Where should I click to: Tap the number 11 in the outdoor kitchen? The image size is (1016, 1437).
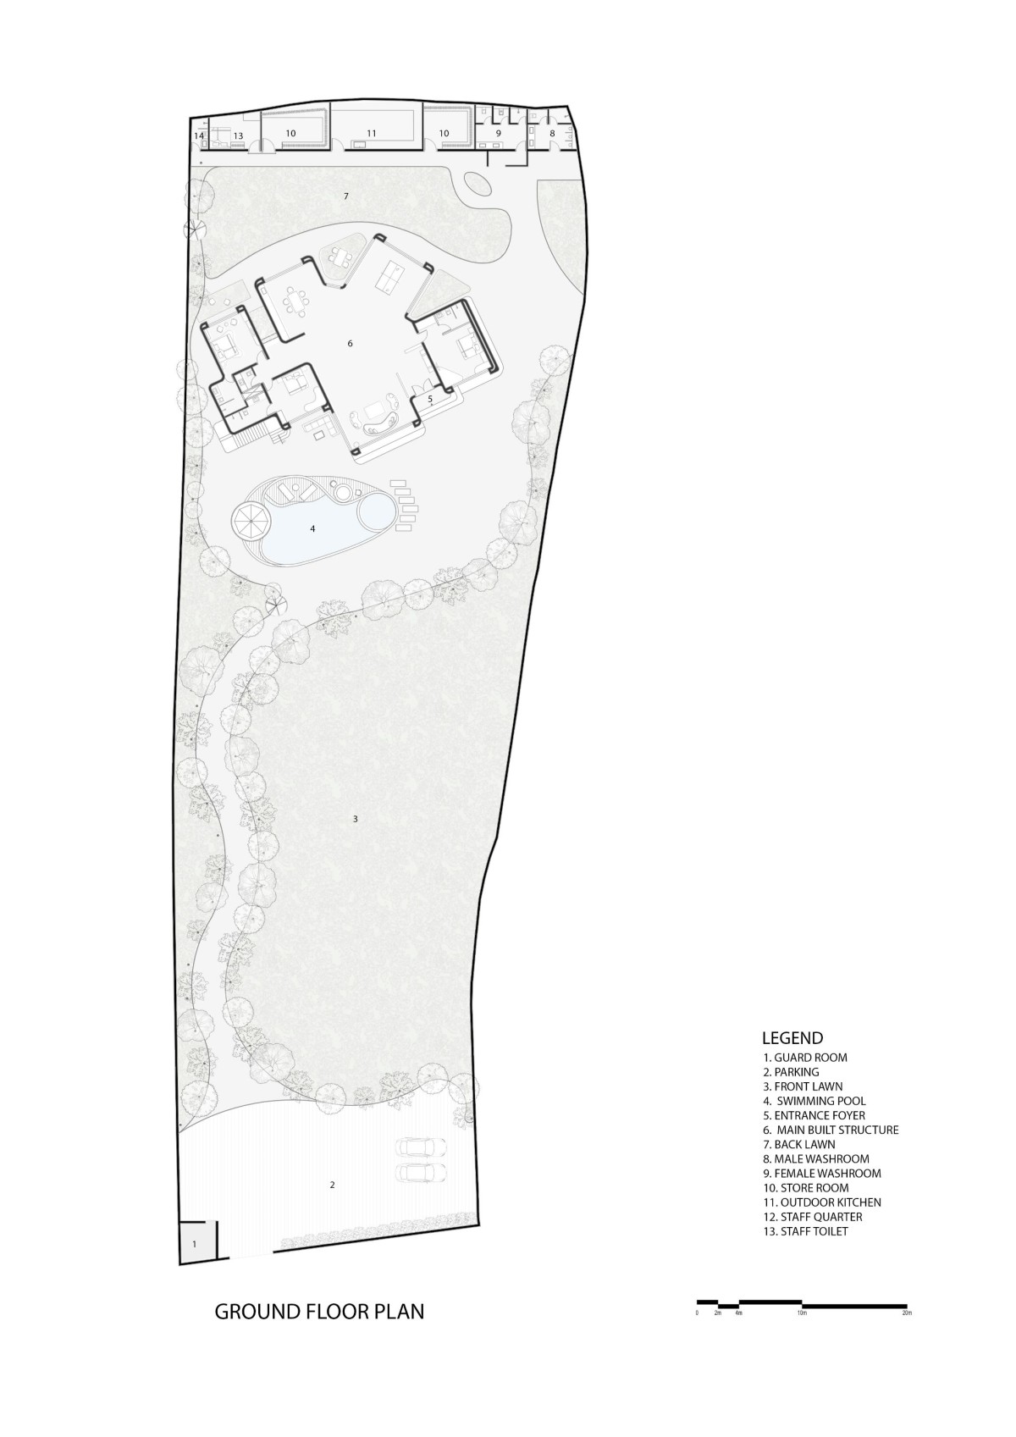point(372,134)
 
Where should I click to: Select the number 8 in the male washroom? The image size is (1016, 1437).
point(552,134)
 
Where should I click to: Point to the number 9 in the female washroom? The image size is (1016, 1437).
point(498,134)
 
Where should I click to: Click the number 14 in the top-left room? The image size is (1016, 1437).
point(199,136)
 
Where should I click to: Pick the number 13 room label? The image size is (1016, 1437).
point(238,136)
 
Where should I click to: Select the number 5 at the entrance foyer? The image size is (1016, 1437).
point(430,398)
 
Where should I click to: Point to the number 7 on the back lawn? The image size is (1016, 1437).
point(345,196)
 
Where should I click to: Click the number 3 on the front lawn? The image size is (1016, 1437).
point(355,819)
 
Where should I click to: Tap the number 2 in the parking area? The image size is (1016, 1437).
point(332,1186)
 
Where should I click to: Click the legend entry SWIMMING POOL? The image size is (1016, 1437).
point(814,1101)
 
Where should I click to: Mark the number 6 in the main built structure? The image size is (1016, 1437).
point(350,343)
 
